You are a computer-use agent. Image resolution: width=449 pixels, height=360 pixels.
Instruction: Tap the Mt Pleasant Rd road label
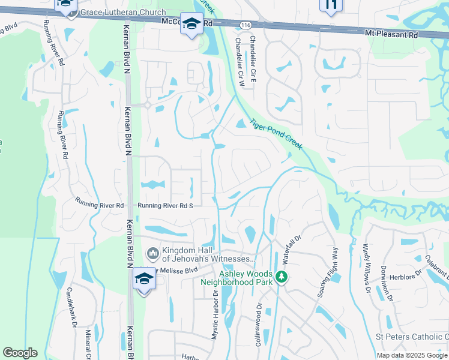pyautogui.click(x=391, y=35)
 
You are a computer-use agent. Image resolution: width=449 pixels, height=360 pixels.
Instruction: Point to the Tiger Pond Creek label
pyautogui.click(x=276, y=133)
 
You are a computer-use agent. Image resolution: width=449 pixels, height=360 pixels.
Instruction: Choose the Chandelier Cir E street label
pyautogui.click(x=253, y=59)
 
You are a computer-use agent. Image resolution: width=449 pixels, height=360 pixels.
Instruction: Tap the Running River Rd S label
pyautogui.click(x=164, y=206)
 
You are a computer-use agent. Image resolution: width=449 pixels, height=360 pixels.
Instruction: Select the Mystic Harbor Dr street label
pyautogui.click(x=214, y=315)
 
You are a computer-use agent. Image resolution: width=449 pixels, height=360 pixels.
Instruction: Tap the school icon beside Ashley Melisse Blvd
pyautogui.click(x=144, y=279)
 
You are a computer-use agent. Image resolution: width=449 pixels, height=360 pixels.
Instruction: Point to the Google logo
pyautogui.click(x=20, y=353)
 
